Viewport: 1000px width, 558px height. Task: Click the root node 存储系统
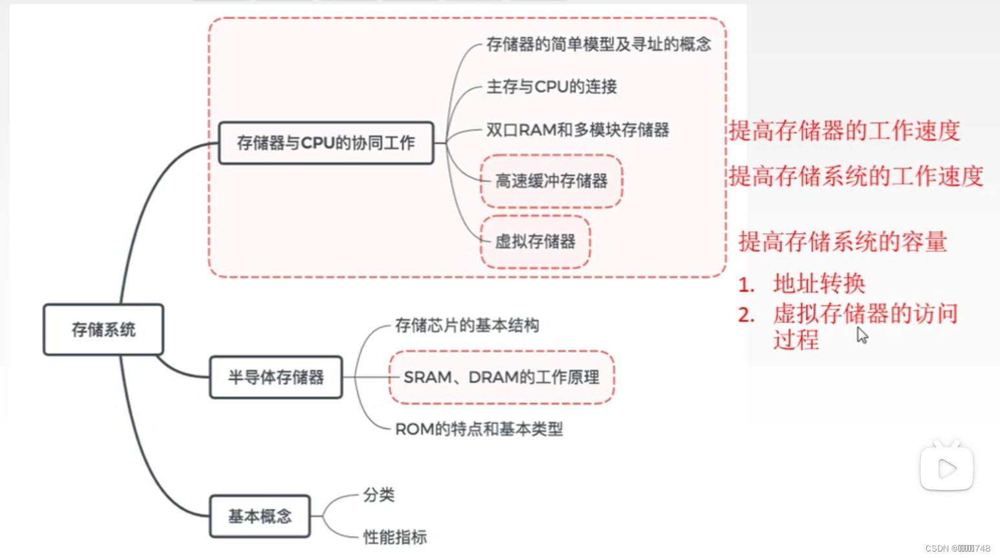pos(103,329)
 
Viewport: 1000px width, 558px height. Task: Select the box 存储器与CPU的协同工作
pos(326,143)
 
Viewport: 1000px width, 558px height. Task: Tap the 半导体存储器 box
pos(276,377)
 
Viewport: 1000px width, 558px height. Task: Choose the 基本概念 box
pos(260,516)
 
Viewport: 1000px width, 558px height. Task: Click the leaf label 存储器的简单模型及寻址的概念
pos(598,44)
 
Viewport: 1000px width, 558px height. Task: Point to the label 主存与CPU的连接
pos(551,87)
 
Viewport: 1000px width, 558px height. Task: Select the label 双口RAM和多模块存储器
pos(577,130)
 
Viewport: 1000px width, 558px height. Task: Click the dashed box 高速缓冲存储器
pos(551,181)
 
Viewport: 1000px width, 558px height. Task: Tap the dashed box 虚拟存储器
pos(535,242)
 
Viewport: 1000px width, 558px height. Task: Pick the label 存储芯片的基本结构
pos(467,325)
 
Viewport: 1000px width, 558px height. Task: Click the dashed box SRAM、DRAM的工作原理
pos(501,377)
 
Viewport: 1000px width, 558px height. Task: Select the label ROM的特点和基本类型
pos(479,429)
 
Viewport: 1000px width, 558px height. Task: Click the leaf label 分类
pos(379,495)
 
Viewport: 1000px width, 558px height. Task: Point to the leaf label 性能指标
pos(395,537)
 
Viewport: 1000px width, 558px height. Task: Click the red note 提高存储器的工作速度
pos(844,131)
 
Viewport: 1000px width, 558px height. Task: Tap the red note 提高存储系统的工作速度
pos(856,176)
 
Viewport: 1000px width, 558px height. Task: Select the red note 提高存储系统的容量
pos(843,242)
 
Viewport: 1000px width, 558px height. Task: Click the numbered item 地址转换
pos(819,284)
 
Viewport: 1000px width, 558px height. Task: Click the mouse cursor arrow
pos(862,335)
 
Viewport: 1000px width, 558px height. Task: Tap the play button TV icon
pos(946,467)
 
